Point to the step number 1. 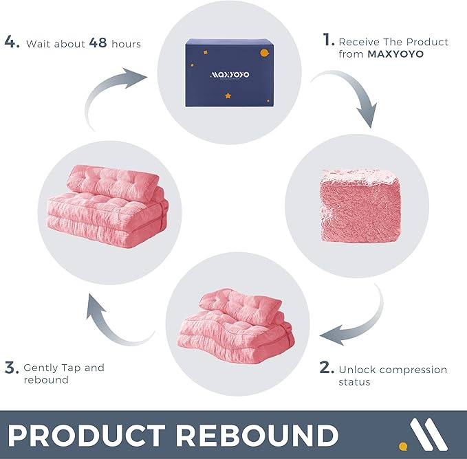[328, 41]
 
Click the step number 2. [327, 368]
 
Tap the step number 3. [11, 367]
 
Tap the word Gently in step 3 [41, 368]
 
